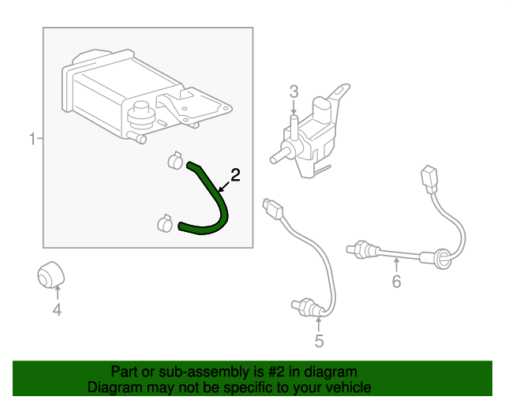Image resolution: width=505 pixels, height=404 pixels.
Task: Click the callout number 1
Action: click(32, 140)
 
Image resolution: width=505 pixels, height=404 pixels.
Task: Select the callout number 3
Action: click(294, 92)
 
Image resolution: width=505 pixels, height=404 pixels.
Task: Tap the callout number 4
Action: click(57, 310)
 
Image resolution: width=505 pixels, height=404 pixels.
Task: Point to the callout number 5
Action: click(319, 341)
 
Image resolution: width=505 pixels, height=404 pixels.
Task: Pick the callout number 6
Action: click(396, 281)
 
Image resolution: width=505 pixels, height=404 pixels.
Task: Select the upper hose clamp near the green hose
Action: click(175, 162)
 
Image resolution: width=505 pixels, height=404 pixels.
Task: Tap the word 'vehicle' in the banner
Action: click(347, 387)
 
